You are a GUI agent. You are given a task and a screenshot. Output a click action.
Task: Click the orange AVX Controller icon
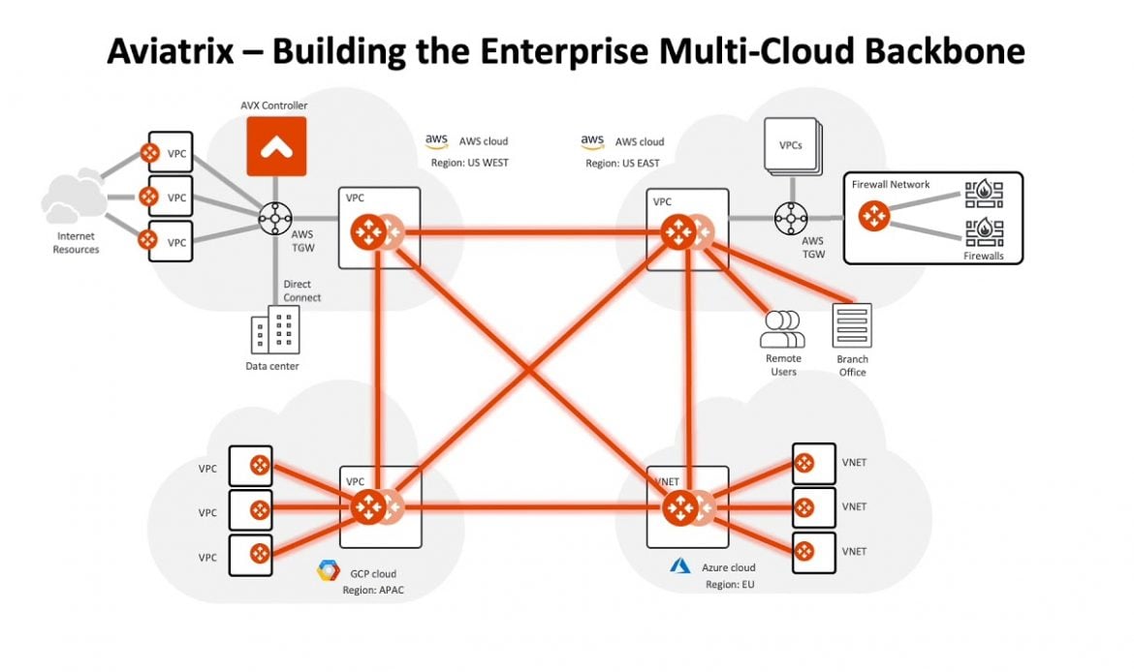tap(276, 146)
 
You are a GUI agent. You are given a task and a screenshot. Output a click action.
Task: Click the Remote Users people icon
tap(782, 329)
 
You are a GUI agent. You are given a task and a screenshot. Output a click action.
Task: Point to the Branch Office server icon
tap(852, 325)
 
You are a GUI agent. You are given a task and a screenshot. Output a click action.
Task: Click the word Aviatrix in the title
tap(178, 51)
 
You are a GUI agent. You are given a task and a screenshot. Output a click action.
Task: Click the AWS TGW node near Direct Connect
tap(274, 218)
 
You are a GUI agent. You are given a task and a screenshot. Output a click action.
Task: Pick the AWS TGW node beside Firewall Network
tap(790, 218)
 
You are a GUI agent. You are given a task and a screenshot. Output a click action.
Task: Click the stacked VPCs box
tap(790, 146)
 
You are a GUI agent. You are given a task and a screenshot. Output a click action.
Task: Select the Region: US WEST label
tap(469, 163)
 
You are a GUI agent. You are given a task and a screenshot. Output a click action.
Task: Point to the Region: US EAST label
tap(622, 164)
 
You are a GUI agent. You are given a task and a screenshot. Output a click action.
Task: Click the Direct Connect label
tap(301, 290)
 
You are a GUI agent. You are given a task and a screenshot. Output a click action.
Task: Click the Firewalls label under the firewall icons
tap(984, 257)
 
